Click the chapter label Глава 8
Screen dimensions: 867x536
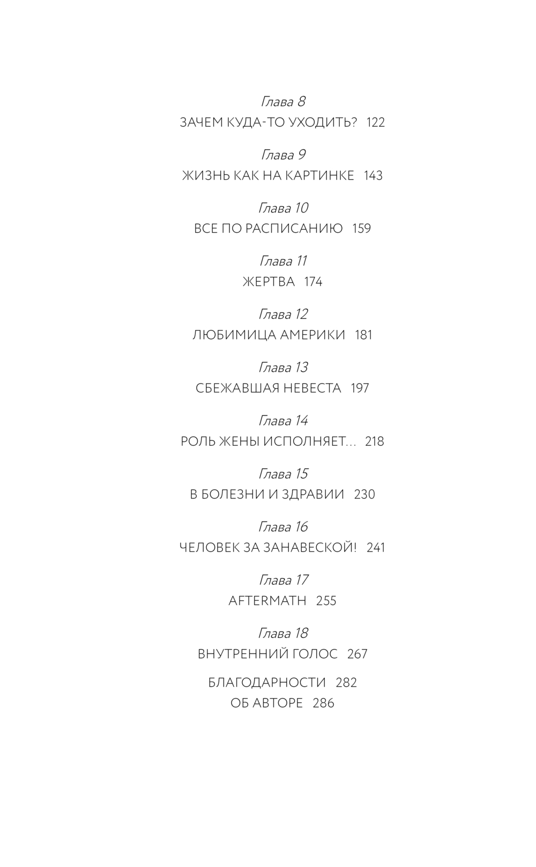coord(282,101)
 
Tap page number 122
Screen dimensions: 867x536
coord(375,122)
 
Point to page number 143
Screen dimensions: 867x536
coord(373,175)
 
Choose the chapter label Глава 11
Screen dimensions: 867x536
coord(282,261)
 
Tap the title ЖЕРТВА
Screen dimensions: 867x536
coord(269,282)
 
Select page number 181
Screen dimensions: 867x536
coord(363,335)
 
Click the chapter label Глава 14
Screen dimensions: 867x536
coord(282,420)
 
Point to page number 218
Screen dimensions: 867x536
coord(374,441)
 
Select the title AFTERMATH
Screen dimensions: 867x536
coord(267,601)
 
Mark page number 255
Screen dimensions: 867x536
coord(326,601)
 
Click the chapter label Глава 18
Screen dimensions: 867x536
coord(282,633)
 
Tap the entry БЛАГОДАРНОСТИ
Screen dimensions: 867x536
coord(267,682)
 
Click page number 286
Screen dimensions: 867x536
coord(323,703)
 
